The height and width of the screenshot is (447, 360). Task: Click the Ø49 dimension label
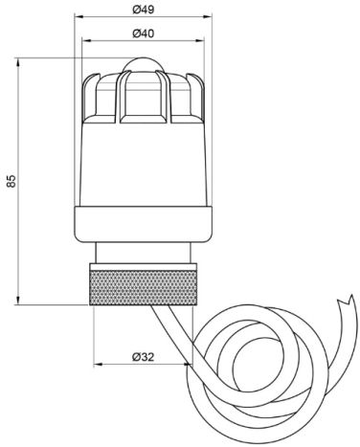coord(144,10)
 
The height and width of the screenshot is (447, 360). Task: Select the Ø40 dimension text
coord(144,34)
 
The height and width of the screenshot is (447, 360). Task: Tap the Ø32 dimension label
coord(144,357)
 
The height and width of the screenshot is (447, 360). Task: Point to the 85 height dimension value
coord(11,181)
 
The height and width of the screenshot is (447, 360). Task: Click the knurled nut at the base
coord(144,287)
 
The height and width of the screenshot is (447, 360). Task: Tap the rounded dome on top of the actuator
coord(143,65)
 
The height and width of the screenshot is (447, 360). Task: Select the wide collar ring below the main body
coord(143,224)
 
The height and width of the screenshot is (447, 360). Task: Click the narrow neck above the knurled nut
coord(144,253)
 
